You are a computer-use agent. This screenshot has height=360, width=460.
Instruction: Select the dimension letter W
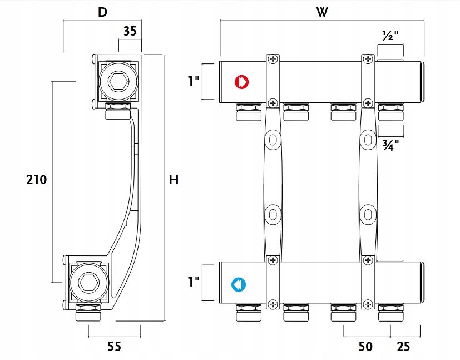click(321, 12)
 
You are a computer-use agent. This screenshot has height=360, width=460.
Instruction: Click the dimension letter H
click(174, 180)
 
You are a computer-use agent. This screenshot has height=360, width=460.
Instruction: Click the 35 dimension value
click(130, 32)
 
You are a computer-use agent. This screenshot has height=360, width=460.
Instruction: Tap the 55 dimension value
click(114, 347)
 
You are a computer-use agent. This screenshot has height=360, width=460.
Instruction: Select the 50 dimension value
click(365, 347)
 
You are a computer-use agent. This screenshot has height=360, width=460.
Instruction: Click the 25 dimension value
click(403, 347)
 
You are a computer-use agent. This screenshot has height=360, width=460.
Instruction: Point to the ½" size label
click(390, 35)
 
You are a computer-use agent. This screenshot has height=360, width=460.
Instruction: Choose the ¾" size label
click(390, 146)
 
